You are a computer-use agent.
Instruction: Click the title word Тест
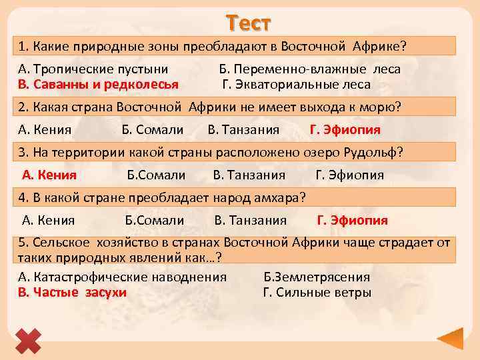point(248,23)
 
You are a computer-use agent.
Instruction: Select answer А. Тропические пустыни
point(93,69)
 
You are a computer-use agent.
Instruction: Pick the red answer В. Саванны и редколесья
point(98,85)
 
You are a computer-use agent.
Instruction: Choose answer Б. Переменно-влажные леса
point(310,69)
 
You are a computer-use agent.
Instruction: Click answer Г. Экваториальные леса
point(296,85)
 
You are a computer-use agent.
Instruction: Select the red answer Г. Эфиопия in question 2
point(345,129)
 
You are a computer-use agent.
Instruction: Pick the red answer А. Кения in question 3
point(49,175)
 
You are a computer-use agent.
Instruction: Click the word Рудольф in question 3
point(371,152)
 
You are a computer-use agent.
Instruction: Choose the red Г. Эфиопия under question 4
point(352,220)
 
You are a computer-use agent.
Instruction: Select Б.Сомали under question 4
point(154,220)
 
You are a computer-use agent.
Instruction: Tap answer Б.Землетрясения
point(317,277)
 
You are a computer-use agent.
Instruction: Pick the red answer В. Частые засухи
point(72,292)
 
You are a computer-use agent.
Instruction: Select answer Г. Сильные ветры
point(317,292)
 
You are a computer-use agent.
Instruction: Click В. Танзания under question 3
point(249,175)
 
